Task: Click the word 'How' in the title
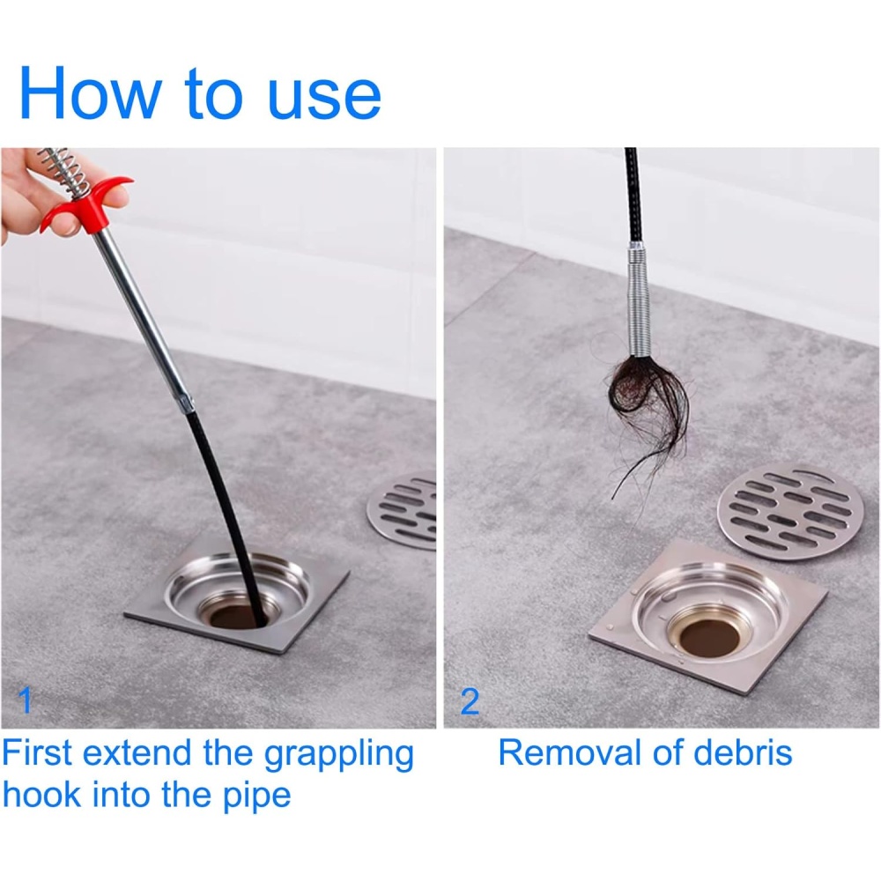pyautogui.click(x=91, y=93)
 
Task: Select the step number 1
pyautogui.click(x=25, y=700)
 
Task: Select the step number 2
pyautogui.click(x=470, y=701)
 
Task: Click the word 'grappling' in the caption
pyautogui.click(x=339, y=755)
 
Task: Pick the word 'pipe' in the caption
pyautogui.click(x=256, y=796)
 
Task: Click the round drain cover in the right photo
pyautogui.click(x=790, y=511)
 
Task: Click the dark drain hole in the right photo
pyautogui.click(x=709, y=638)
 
